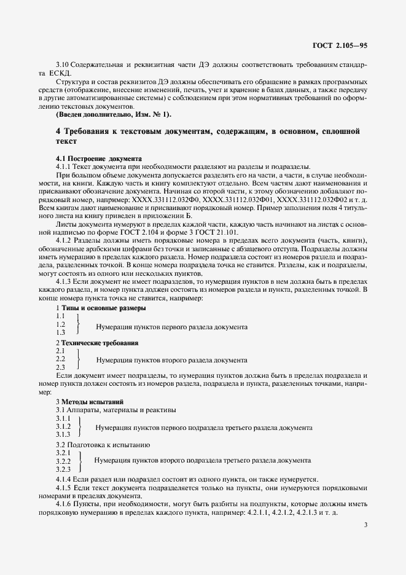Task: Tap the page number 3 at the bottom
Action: point(365,525)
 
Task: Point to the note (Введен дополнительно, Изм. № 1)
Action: point(114,115)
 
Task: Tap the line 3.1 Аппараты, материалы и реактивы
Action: point(116,410)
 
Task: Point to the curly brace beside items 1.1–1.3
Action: point(77,324)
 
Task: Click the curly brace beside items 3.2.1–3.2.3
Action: point(80,461)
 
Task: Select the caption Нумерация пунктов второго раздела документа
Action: point(172,359)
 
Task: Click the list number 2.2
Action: point(61,359)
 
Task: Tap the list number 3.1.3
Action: point(63,434)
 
